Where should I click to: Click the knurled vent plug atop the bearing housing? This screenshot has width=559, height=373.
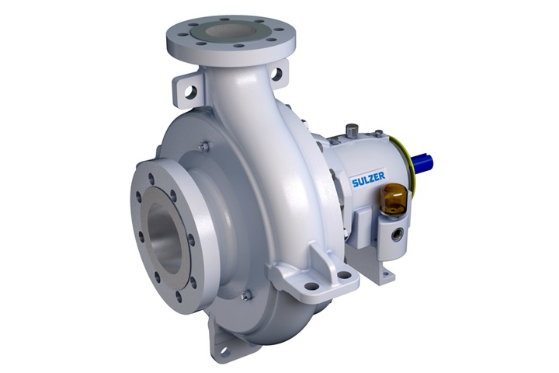click(x=352, y=130)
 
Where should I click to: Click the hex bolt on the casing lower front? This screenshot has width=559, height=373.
click(x=247, y=295)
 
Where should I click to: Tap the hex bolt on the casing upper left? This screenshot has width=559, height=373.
click(x=203, y=145)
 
